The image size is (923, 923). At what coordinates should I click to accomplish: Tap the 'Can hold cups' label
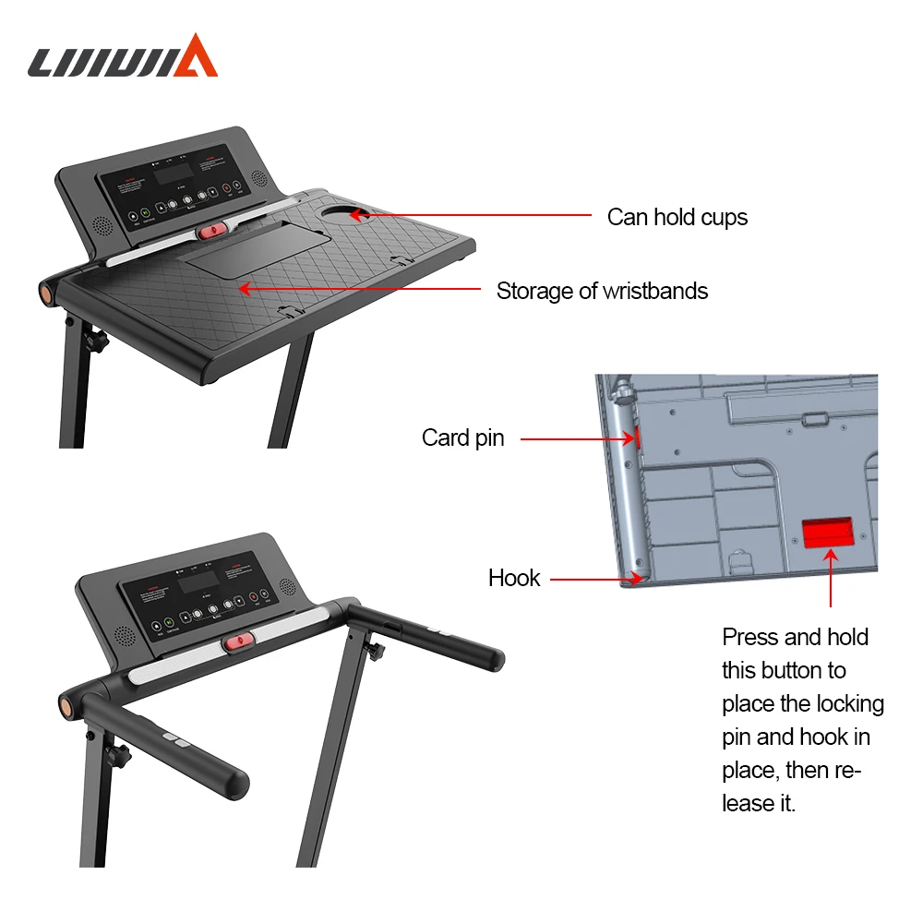[677, 218]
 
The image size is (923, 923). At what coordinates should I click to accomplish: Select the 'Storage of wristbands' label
[602, 292]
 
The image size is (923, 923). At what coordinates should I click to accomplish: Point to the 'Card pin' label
[462, 438]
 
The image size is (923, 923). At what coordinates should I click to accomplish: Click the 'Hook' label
[514, 579]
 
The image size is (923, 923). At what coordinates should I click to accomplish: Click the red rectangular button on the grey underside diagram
[828, 533]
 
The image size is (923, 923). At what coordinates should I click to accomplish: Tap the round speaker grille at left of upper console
[102, 224]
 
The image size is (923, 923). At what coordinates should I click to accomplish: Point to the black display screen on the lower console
[198, 583]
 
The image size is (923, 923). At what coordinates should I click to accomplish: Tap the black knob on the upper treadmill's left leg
[95, 342]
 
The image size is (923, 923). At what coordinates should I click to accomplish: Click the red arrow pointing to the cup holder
[471, 215]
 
